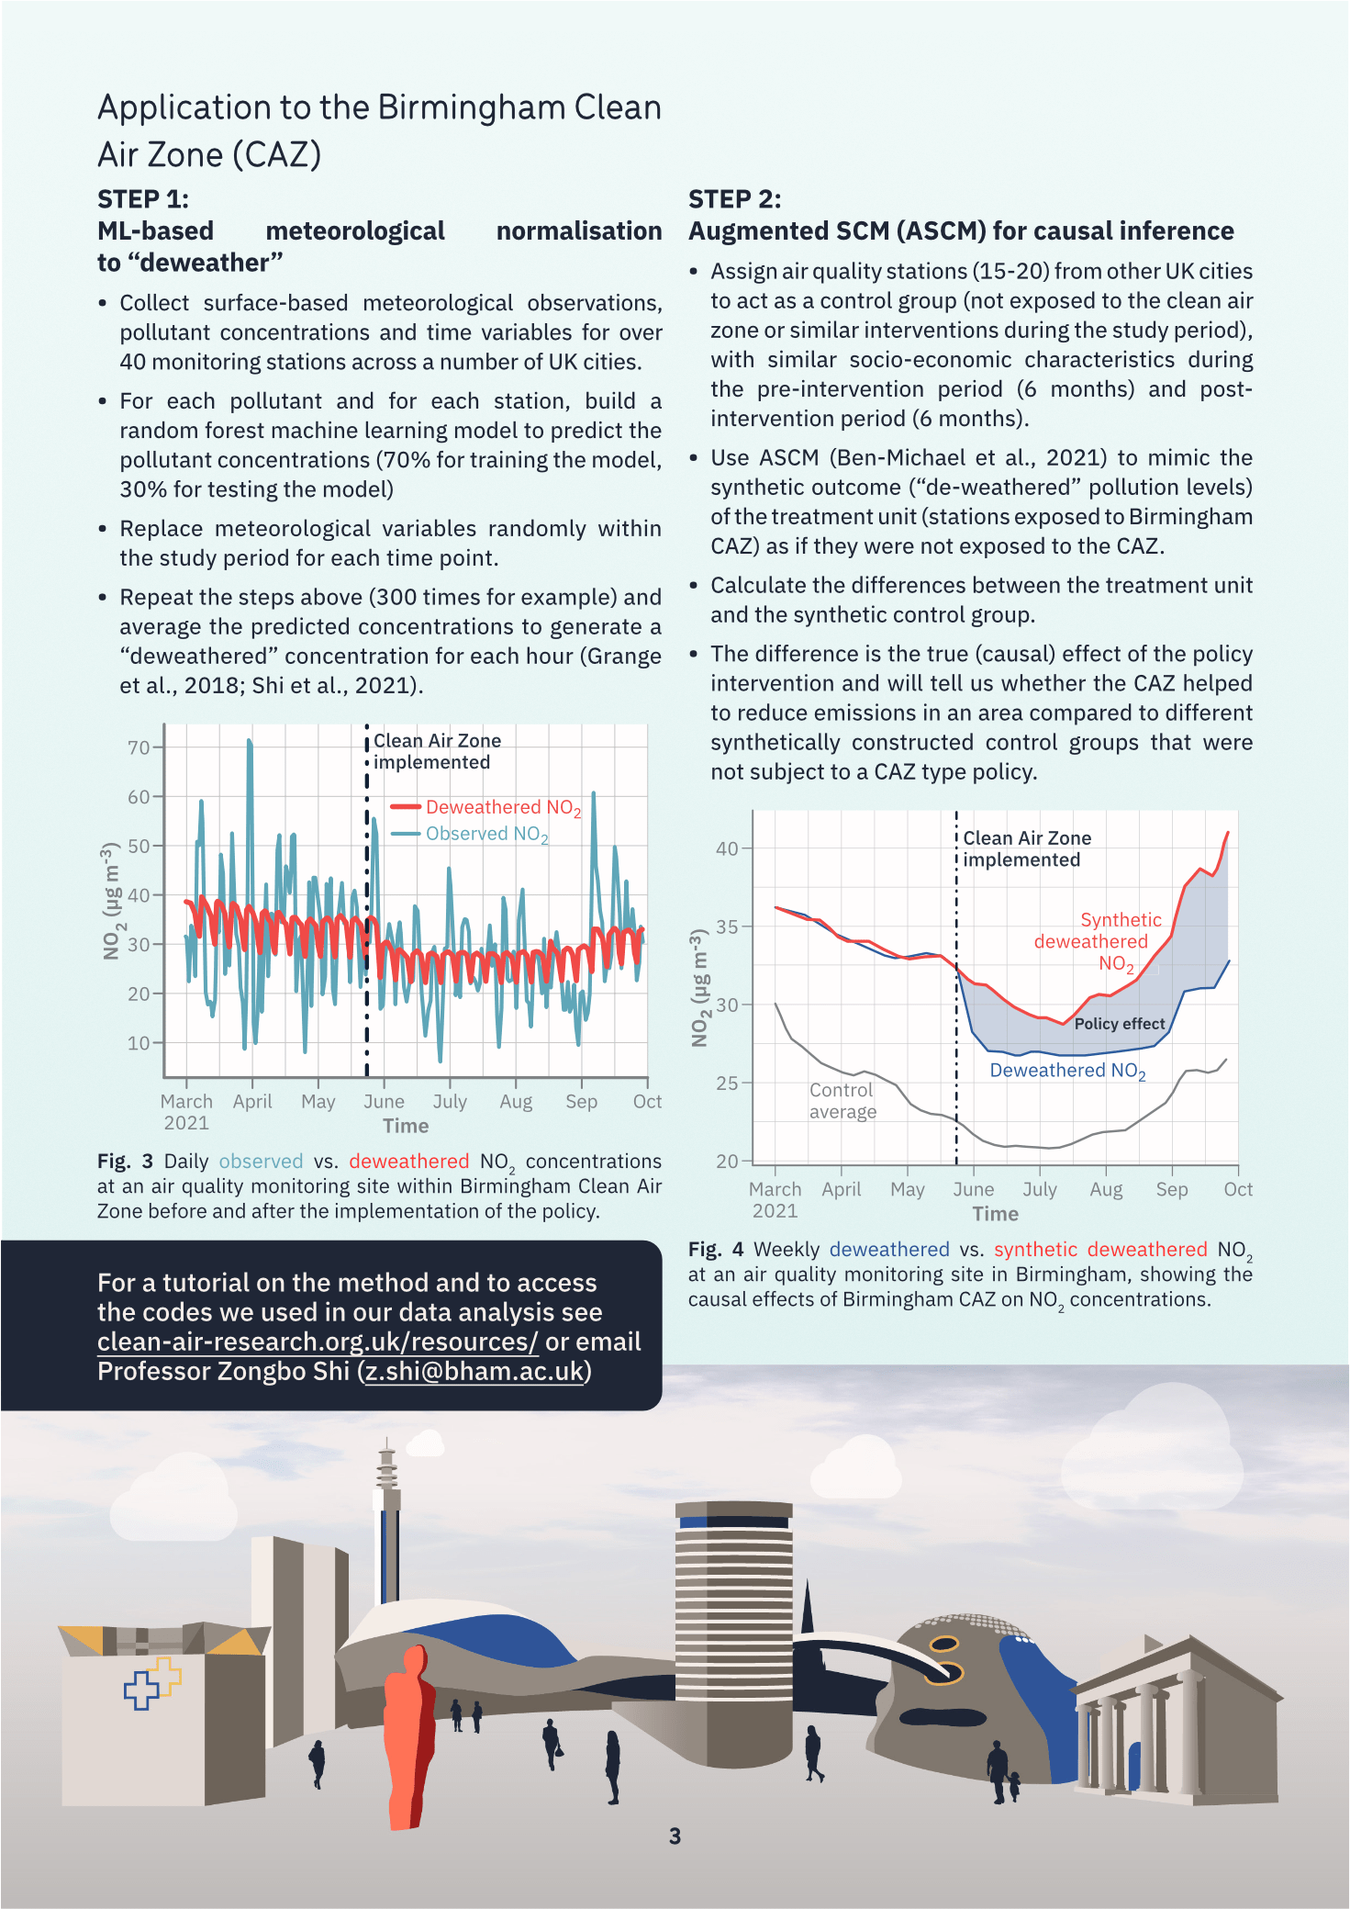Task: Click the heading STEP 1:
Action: pyautogui.click(x=143, y=199)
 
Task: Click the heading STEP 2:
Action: pyautogui.click(x=734, y=199)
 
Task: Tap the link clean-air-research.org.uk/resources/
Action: pyautogui.click(x=318, y=1342)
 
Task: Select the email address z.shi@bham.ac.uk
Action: pyautogui.click(x=474, y=1371)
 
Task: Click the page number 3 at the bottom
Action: pyautogui.click(x=675, y=1836)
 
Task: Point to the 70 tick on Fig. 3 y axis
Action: pyautogui.click(x=139, y=747)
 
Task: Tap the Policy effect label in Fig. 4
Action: pyautogui.click(x=1119, y=1024)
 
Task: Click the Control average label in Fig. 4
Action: pyautogui.click(x=842, y=1100)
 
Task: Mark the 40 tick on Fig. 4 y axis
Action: pyautogui.click(x=727, y=848)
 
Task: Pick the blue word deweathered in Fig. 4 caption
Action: pyautogui.click(x=888, y=1249)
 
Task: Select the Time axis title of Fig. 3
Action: pyautogui.click(x=406, y=1126)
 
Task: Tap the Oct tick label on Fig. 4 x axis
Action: pyautogui.click(x=1237, y=1189)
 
